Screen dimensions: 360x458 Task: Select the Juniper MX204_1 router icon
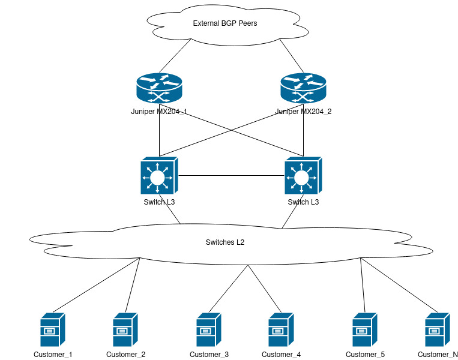click(159, 89)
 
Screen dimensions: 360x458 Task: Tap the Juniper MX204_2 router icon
click(303, 89)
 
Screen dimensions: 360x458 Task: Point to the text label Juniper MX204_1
click(159, 112)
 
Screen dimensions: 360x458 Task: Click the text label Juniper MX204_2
click(303, 112)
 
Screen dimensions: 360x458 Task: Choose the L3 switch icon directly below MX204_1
click(158, 176)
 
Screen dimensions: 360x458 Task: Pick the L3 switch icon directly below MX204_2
click(303, 176)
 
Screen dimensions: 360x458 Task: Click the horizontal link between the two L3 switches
click(231, 176)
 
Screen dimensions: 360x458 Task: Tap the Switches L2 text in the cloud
click(225, 242)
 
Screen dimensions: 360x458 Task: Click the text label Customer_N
click(438, 355)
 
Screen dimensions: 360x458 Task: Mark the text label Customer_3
click(209, 355)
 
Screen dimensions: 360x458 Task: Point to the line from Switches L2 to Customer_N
click(399, 285)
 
